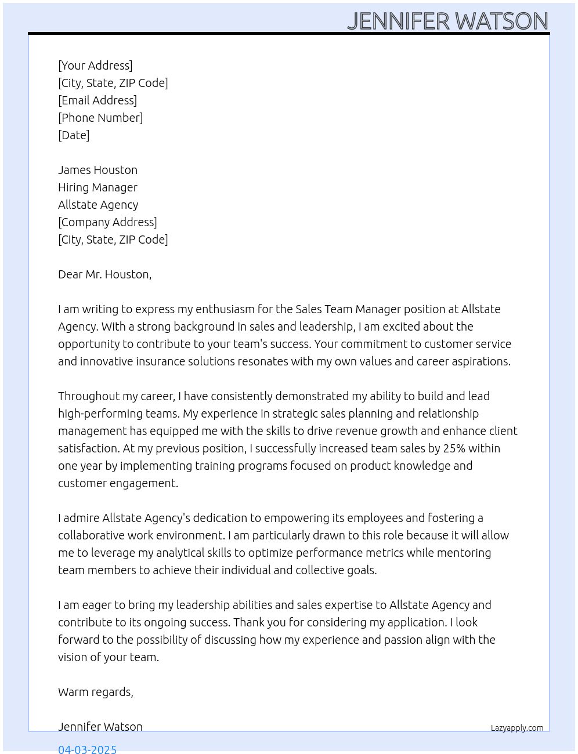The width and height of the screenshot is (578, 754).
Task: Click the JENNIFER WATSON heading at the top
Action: [447, 21]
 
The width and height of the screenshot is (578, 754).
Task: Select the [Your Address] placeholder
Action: [95, 66]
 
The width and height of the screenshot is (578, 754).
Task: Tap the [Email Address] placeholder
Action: [97, 100]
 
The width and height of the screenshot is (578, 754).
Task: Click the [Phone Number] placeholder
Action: [100, 118]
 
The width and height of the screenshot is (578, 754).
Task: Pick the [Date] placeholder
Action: [74, 135]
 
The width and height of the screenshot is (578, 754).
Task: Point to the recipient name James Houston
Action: [97, 170]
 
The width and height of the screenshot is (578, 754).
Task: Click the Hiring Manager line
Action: [97, 187]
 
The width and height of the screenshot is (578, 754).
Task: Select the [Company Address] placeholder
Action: [107, 222]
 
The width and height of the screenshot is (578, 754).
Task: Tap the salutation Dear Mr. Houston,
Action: [104, 274]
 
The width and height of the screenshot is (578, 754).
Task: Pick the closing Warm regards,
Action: [96, 692]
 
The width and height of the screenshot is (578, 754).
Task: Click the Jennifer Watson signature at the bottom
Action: [100, 727]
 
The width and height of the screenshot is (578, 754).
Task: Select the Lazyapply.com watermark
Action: [517, 728]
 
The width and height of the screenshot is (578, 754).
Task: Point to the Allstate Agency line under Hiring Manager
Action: [98, 205]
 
